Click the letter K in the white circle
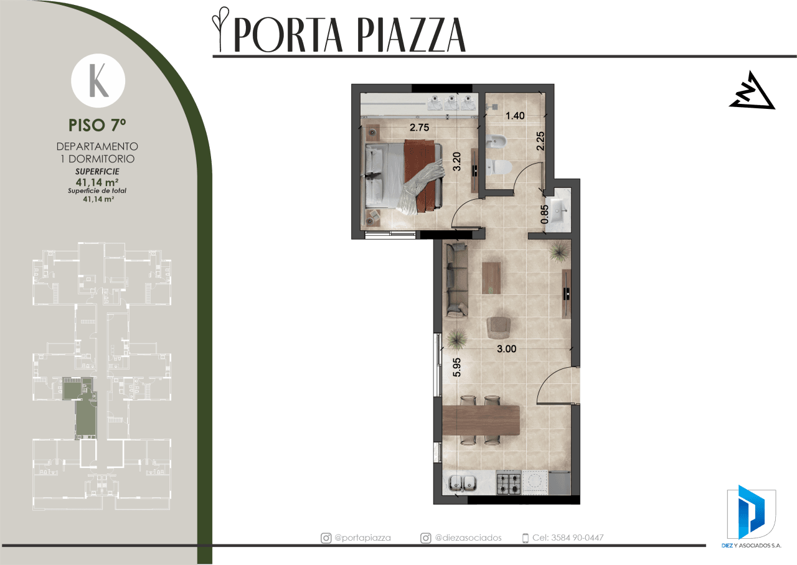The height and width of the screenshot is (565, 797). click(98, 81)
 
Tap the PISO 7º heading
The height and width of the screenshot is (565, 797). click(97, 125)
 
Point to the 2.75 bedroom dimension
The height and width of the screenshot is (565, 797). click(419, 128)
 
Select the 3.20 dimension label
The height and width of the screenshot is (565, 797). click(457, 161)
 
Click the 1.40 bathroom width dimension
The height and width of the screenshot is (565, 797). click(515, 116)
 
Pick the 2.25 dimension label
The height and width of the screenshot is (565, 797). click(540, 141)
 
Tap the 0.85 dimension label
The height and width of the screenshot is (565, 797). click(544, 215)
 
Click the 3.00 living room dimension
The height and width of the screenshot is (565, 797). click(506, 349)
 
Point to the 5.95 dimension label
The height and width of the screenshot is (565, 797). click(457, 367)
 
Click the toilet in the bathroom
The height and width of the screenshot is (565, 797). click(499, 167)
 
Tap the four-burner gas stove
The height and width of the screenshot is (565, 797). click(509, 482)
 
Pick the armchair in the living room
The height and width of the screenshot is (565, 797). click(499, 327)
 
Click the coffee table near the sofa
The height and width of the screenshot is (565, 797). click(491, 278)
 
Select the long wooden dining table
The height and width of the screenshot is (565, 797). click(481, 420)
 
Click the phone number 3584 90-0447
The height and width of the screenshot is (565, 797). click(577, 538)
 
